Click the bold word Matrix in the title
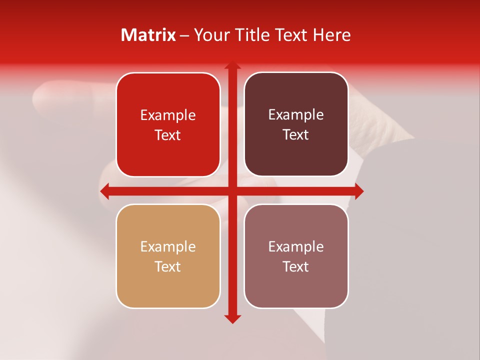148,35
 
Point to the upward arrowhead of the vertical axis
232,65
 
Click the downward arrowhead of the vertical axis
232,318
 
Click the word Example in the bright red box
168,115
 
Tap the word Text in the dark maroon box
296,135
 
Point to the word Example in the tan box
168,246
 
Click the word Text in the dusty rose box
296,266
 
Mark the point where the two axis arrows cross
232,191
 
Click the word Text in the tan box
168,266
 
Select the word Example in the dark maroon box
296,115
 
